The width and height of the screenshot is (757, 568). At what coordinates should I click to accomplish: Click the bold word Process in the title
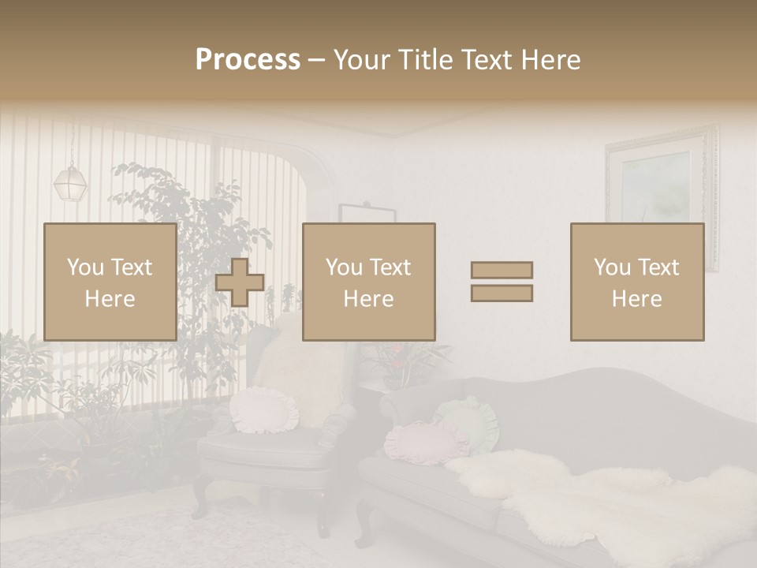coord(248,60)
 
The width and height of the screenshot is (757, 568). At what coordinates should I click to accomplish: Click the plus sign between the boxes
coord(240,282)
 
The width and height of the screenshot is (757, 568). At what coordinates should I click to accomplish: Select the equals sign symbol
coord(502,282)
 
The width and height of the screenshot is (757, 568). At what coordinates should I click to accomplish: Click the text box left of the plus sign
coord(110,282)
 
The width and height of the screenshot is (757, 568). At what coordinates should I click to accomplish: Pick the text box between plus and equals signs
coord(368,282)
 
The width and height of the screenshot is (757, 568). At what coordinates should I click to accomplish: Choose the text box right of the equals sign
coord(636,282)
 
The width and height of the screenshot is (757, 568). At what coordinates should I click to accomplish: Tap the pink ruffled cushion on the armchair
coord(264,410)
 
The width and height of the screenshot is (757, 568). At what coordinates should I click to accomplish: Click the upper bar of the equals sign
coord(502,270)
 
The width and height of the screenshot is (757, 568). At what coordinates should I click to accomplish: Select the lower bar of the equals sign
coord(502,293)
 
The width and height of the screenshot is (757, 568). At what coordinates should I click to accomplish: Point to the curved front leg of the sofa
coord(364,525)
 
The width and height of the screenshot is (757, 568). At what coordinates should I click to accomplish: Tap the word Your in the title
coord(361,60)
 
